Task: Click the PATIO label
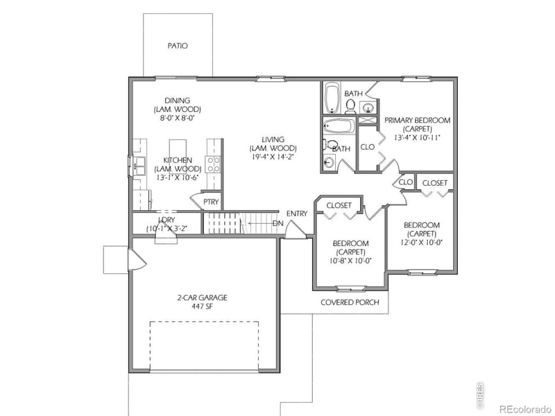178,46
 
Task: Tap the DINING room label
177,101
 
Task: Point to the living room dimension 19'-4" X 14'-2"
275,157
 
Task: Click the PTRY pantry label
211,202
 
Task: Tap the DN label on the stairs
277,223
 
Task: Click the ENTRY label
296,214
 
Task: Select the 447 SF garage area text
202,307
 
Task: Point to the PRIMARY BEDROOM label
417,120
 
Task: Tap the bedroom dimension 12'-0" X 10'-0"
422,243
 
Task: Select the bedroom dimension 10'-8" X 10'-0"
351,261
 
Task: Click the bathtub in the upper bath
332,98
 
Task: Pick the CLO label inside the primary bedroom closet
368,147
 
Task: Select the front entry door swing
296,230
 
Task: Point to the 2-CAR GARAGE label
202,297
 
